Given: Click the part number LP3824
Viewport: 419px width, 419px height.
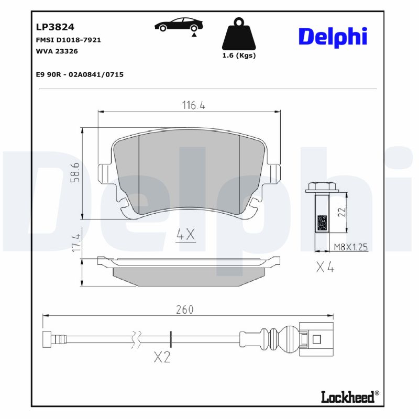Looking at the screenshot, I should point(55,27).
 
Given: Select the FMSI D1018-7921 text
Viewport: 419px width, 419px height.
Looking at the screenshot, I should point(68,40).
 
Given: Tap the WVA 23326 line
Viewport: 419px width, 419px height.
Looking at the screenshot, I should point(57,51).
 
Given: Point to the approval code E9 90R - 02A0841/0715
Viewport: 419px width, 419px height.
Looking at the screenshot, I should point(79,75).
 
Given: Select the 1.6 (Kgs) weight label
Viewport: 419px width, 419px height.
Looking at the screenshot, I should point(239,56).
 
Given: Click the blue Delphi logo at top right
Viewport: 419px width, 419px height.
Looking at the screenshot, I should point(333,36).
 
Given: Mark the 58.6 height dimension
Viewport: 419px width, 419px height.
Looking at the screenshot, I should point(75,173).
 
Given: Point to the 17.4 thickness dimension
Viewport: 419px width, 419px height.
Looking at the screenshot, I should point(75,242).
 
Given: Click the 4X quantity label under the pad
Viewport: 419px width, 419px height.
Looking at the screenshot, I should point(185,235).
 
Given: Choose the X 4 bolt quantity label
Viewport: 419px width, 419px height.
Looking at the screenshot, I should point(325,268).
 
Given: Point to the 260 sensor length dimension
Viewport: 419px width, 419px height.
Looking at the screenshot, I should point(184,310).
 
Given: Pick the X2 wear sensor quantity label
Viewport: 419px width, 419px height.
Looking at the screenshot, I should point(162,358).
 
